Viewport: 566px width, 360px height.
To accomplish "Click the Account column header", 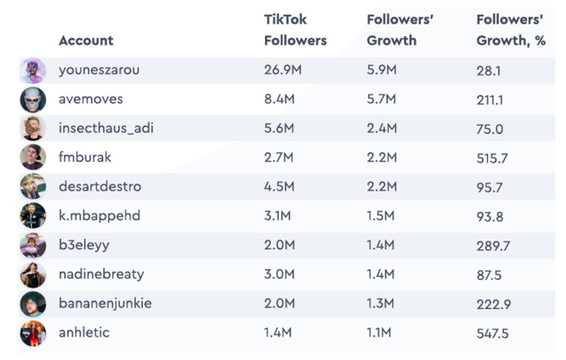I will [86, 40].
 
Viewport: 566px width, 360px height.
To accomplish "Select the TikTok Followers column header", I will [295, 30].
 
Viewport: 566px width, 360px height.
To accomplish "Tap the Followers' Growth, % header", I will [511, 30].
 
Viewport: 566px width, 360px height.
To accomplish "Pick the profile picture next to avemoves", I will [33, 100].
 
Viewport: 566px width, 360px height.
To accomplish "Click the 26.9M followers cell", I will [282, 70].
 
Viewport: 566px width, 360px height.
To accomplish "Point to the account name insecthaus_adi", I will [106, 129].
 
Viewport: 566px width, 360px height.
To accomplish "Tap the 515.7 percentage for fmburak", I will [492, 158].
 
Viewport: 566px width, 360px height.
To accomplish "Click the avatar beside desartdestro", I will [33, 186].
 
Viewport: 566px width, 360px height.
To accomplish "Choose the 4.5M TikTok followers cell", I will [280, 186].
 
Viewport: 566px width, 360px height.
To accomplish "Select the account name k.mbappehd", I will [99, 215].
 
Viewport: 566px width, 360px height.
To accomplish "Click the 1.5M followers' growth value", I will [381, 216].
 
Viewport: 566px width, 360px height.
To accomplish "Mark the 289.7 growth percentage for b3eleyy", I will [493, 246].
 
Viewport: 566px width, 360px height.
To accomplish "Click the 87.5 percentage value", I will [489, 275].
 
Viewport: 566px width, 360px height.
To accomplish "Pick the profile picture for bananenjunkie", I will [33, 304].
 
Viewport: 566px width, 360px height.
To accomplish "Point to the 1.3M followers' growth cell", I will [381, 303].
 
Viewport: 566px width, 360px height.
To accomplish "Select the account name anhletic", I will [84, 332].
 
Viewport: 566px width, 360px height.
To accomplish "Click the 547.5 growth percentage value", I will [492, 333].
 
